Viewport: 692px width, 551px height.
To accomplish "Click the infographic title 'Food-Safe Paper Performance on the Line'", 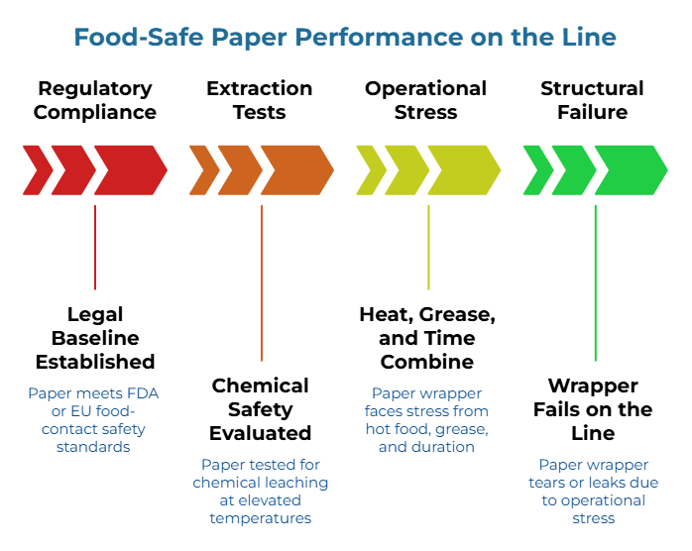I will click(x=345, y=38).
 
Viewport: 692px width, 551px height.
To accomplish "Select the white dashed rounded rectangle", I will click(x=96, y=97).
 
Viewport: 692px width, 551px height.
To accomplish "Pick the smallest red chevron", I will click(x=37, y=169).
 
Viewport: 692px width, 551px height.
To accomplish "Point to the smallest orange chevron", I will click(x=203, y=169).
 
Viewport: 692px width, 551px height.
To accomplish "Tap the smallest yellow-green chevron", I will click(x=370, y=169).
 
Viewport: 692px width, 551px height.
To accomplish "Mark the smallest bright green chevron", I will click(x=536, y=169).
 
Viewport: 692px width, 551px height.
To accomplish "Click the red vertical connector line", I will click(x=95, y=247).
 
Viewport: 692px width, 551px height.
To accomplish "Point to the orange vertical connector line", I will click(x=262, y=282).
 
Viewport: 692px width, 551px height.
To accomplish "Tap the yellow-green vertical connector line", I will click(x=428, y=247).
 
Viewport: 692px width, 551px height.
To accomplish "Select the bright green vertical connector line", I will click(x=595, y=282).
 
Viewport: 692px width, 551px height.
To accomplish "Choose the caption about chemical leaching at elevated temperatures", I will click(x=260, y=491).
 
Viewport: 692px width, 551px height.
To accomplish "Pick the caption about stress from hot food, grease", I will click(x=426, y=420).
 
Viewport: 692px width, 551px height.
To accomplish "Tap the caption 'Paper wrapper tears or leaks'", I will click(x=593, y=491).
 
